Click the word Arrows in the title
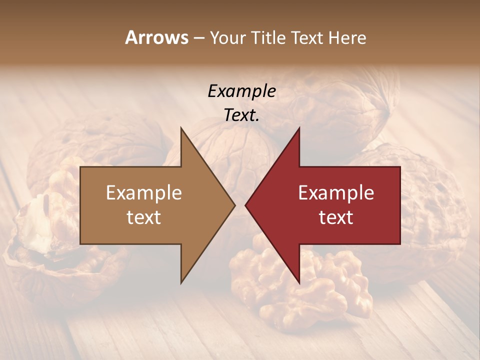coord(156,37)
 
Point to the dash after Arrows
coord(198,38)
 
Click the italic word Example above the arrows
coord(241,91)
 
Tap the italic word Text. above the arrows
coord(241,115)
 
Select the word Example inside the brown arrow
coord(144,193)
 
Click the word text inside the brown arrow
coord(144,217)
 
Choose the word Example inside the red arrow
coord(336,193)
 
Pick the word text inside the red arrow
coord(336,217)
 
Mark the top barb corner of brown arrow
coord(181,128)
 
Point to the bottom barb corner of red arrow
coord(299,282)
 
